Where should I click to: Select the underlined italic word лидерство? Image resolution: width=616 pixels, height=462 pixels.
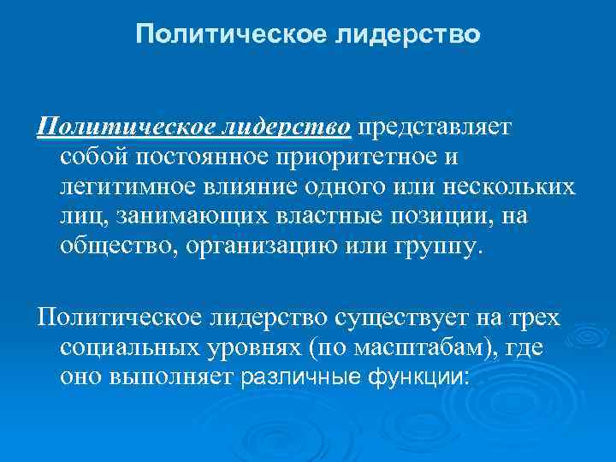(x=287, y=127)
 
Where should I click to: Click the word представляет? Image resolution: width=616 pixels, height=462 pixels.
(x=434, y=127)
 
